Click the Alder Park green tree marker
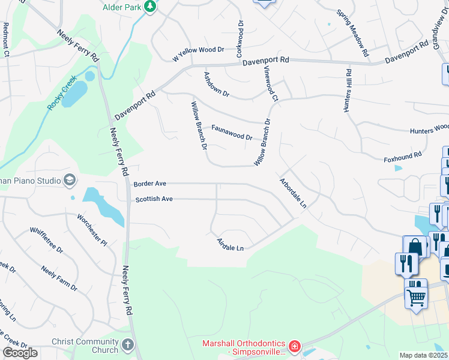pyautogui.click(x=149, y=7)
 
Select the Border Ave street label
pyautogui.click(x=149, y=184)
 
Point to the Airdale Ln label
pyautogui.click(x=231, y=245)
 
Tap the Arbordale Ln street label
pyautogui.click(x=293, y=193)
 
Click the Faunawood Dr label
pyautogui.click(x=231, y=132)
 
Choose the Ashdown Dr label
pyautogui.click(x=217, y=85)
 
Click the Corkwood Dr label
pyautogui.click(x=240, y=40)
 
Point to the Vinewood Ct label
pyautogui.click(x=271, y=83)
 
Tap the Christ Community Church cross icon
pyautogui.click(x=127, y=345)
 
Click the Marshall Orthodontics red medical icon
pyautogui.click(x=294, y=346)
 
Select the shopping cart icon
pyautogui.click(x=415, y=296)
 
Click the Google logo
pyautogui.click(x=20, y=353)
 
